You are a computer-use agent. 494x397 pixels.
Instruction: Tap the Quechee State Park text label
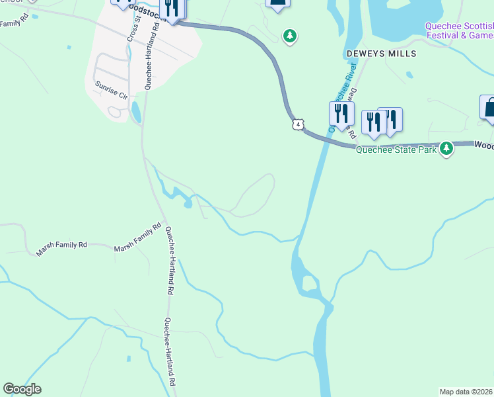[396, 150]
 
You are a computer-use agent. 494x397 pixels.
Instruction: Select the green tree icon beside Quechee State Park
[447, 148]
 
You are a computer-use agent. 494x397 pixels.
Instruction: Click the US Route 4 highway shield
[299, 124]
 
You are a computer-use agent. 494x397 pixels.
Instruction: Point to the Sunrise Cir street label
[110, 90]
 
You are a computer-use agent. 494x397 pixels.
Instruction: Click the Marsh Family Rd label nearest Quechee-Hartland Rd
[138, 238]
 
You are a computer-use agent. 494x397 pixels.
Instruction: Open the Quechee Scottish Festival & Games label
[458, 30]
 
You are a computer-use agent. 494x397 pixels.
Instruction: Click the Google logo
[22, 389]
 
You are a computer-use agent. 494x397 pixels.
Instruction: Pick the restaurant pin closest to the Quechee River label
[341, 114]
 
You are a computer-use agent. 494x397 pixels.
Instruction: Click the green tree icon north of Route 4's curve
[289, 36]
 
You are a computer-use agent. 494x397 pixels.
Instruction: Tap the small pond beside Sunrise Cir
[136, 113]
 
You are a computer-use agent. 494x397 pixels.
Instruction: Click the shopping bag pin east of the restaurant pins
[489, 108]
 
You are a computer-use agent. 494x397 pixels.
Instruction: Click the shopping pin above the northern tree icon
[278, 3]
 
